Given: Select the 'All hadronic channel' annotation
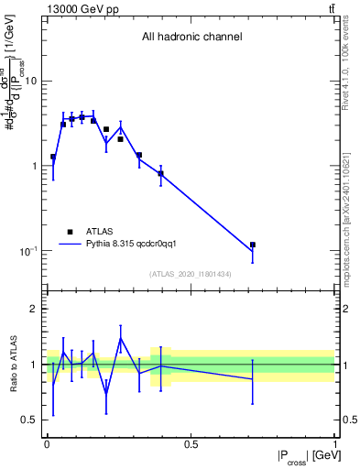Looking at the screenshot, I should click(191, 37).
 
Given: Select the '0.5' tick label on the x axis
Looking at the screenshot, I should click(191, 444).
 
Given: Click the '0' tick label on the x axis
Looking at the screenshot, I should click(47, 444).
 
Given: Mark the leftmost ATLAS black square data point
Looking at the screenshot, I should click(53, 157).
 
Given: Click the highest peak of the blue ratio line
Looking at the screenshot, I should click(121, 339).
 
